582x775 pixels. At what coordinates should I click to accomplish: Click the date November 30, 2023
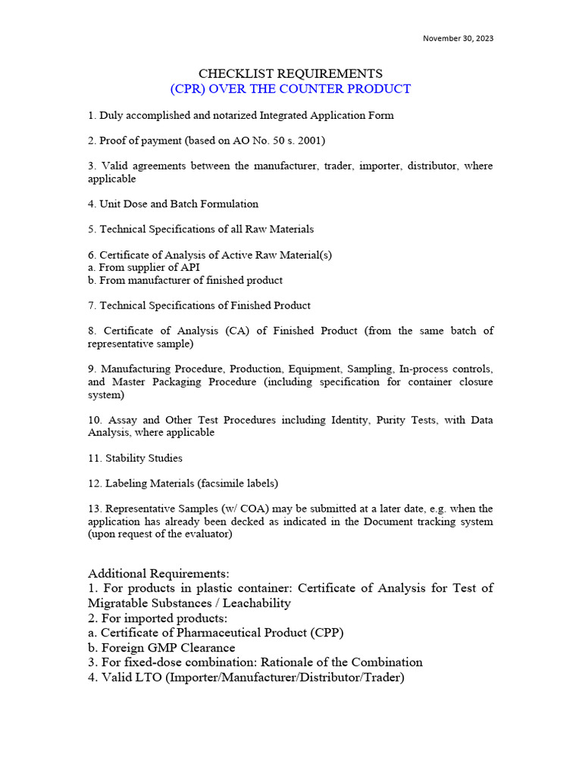tap(458, 38)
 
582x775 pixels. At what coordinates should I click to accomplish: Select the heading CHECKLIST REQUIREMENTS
tap(290, 73)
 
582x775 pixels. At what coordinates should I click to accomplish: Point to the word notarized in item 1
tap(228, 116)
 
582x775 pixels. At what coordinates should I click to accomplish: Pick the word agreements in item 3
tap(160, 166)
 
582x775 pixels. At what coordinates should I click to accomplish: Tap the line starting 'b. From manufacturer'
tap(185, 280)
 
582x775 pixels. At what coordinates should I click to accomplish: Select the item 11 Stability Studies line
tap(135, 458)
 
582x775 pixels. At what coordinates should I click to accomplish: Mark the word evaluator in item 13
tap(205, 534)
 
